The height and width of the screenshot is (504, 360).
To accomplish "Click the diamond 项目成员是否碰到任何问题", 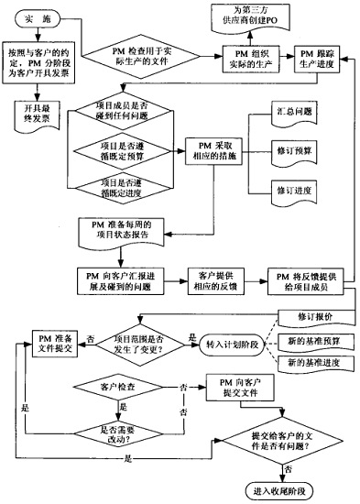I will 128,113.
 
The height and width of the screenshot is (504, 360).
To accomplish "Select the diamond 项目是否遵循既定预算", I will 128,148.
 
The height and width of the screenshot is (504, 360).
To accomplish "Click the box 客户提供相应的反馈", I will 215,280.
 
